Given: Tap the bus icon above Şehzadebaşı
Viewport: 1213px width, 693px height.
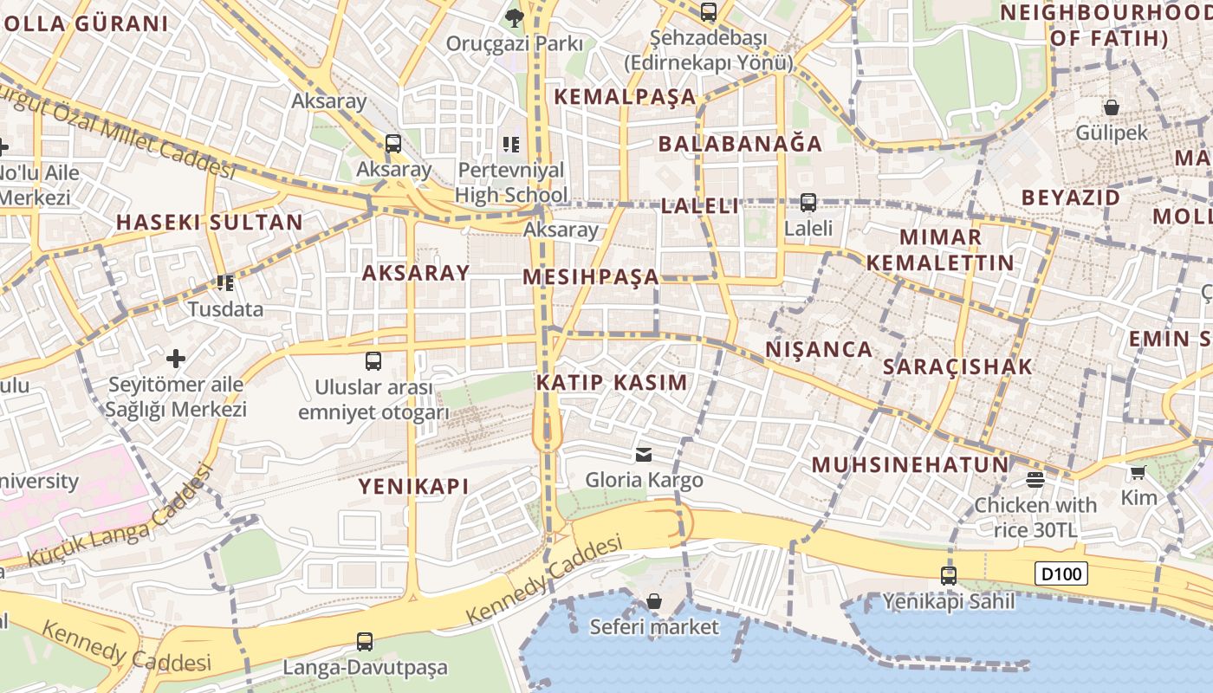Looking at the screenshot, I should [x=709, y=12].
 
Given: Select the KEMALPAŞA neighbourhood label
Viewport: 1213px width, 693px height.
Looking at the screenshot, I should [x=625, y=96].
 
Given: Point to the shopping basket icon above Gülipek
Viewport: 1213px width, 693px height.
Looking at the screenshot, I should [x=1112, y=107].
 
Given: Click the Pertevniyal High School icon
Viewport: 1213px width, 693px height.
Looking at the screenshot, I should [x=511, y=144].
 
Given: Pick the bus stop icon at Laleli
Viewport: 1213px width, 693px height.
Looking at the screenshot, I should [x=808, y=203].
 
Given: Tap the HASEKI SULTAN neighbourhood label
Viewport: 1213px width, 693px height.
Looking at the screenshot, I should [x=210, y=222].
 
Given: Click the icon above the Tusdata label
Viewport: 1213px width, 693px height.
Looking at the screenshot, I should [x=225, y=282].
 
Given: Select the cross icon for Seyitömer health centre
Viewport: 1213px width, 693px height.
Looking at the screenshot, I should [x=176, y=358].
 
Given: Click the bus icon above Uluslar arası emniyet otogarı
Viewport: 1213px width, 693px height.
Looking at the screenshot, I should [x=373, y=361].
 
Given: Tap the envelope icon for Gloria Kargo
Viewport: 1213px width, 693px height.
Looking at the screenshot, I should [x=644, y=454].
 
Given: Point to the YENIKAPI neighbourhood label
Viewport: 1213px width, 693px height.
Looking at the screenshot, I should [x=414, y=486].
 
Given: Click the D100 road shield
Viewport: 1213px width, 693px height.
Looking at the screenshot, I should [x=1061, y=573].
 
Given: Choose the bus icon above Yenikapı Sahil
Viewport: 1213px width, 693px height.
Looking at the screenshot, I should [x=949, y=575].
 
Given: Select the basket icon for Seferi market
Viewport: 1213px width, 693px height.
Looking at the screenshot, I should [x=654, y=601].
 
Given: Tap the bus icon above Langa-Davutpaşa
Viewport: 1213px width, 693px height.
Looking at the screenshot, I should [x=365, y=642].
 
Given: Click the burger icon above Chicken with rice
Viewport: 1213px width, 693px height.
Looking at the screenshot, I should [x=1035, y=479].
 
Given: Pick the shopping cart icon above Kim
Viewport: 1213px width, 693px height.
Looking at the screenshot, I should [x=1138, y=472].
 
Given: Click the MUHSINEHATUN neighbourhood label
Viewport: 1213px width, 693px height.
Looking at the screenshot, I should [x=911, y=464].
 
